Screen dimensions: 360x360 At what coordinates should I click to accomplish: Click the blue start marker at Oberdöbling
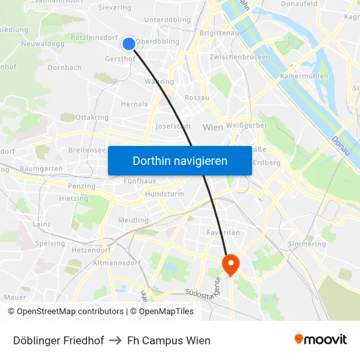[x=129, y=44]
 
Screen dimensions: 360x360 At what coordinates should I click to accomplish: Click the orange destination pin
[x=231, y=263]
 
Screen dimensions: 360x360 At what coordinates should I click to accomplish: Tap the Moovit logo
[x=321, y=339]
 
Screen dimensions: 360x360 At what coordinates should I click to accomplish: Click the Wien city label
[x=213, y=127]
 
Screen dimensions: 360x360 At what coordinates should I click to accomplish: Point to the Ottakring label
[x=92, y=118]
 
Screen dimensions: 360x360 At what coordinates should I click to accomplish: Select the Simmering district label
[x=306, y=243]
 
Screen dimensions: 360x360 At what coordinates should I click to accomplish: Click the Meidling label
[x=134, y=221]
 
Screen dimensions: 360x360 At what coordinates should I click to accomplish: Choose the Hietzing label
[x=73, y=198]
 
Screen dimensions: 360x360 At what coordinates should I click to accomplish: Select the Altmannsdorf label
[x=117, y=263]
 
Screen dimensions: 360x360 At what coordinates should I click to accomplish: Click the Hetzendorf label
[x=90, y=249]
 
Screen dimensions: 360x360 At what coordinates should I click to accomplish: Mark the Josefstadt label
[x=173, y=126]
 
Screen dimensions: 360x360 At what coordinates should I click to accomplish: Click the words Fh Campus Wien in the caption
[x=169, y=340]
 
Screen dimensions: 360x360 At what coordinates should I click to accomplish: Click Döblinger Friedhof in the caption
[x=58, y=340]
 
